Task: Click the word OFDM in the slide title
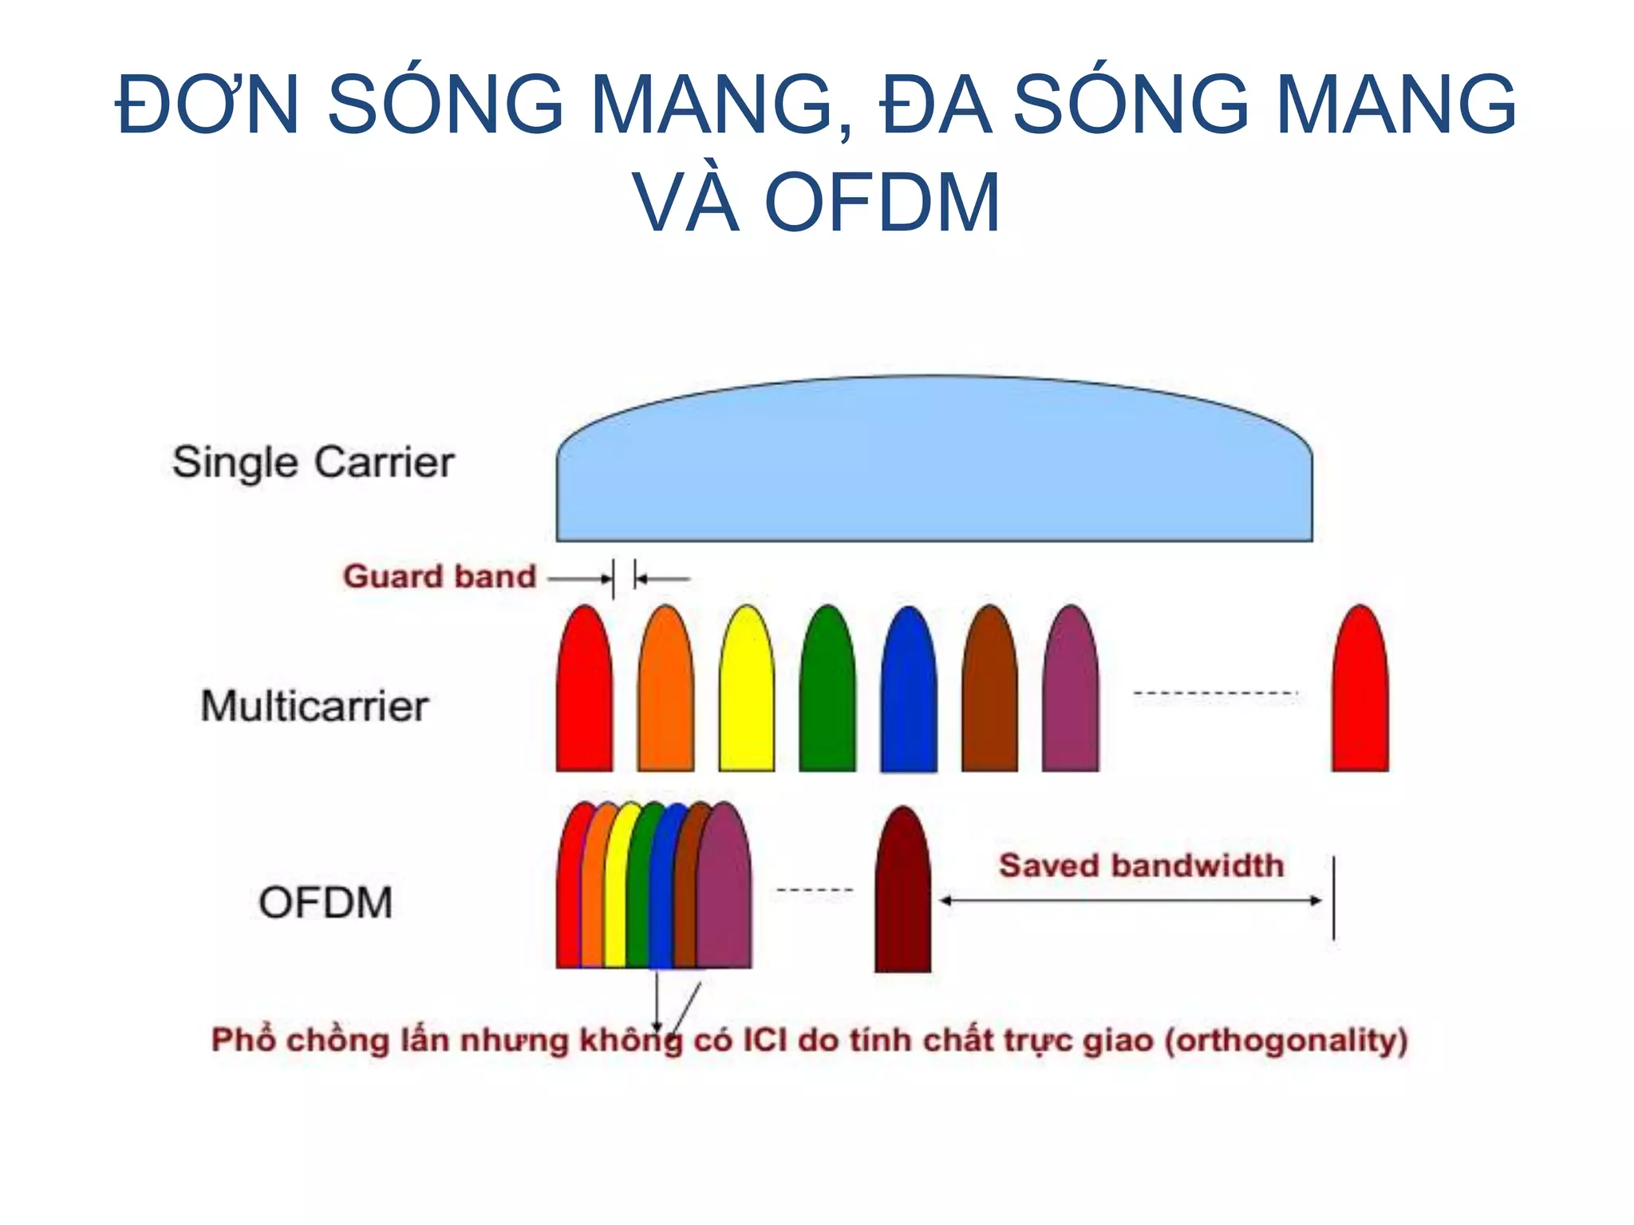tap(882, 203)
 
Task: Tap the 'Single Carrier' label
tap(314, 463)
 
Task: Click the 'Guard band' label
tap(440, 576)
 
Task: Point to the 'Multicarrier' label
tap(314, 706)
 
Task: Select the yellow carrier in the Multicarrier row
tap(747, 694)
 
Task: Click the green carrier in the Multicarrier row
tap(827, 694)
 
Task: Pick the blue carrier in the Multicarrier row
tap(909, 694)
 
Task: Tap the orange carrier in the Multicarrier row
tap(665, 694)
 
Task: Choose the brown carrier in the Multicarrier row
tap(989, 694)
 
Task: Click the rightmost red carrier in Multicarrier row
tap(1360, 694)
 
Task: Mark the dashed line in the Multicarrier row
tap(1215, 694)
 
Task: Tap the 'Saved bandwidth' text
tap(1141, 865)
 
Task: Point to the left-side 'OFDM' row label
tap(326, 903)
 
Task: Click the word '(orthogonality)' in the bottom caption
tap(1286, 1040)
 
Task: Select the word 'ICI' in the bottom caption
tap(764, 1040)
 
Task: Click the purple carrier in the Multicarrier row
tap(1071, 694)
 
